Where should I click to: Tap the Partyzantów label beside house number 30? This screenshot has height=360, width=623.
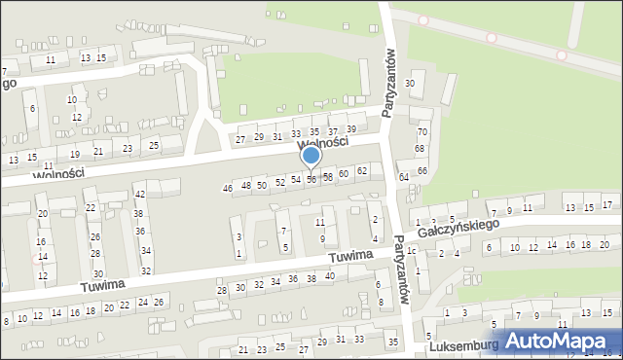coord(389,83)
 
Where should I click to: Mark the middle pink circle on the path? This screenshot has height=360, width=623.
coord(492,38)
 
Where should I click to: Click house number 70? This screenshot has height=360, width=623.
coord(421,131)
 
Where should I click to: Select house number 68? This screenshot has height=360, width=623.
coord(420,149)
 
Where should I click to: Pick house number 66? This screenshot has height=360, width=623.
coord(421,170)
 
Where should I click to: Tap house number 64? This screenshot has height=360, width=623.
coord(403,177)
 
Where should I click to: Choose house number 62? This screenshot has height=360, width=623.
coord(362,171)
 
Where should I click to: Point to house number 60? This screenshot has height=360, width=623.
coord(344,174)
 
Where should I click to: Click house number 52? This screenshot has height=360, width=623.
coord(280,182)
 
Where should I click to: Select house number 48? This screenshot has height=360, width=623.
coord(246,185)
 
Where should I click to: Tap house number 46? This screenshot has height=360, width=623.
coord(228,188)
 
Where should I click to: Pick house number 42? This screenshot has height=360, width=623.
coord(139,195)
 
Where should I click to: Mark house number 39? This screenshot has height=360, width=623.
coord(351,129)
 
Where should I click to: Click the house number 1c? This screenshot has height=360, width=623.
coord(411,251)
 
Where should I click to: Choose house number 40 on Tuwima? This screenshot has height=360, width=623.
coord(330,276)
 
